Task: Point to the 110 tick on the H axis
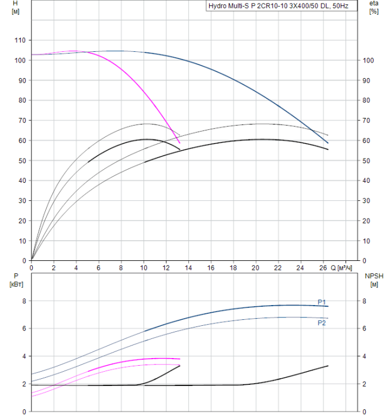point(20,41)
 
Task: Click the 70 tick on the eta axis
point(368,121)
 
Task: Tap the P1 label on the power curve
point(322,302)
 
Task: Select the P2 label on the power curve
point(322,323)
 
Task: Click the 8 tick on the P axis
point(24,301)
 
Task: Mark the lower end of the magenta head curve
point(180,143)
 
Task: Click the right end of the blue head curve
point(328,143)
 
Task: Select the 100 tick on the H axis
point(20,61)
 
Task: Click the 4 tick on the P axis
point(24,356)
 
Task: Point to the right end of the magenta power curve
point(180,359)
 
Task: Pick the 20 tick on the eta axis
point(368,221)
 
